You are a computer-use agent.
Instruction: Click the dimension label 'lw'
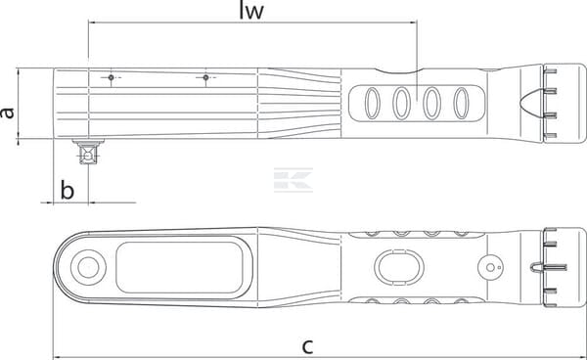(x=251, y=11)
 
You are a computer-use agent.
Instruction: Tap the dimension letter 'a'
(x=7, y=112)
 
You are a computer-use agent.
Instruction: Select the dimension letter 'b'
(x=68, y=190)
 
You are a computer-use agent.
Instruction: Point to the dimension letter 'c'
(x=307, y=346)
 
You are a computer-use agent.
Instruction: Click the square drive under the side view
(x=88, y=153)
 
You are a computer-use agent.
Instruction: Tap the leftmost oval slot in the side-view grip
(x=373, y=104)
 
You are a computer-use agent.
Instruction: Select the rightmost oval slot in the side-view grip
(x=461, y=104)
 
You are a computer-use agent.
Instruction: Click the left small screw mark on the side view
(x=111, y=77)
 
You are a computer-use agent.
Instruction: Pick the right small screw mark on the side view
(x=205, y=77)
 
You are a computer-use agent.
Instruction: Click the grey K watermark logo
(x=293, y=180)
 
